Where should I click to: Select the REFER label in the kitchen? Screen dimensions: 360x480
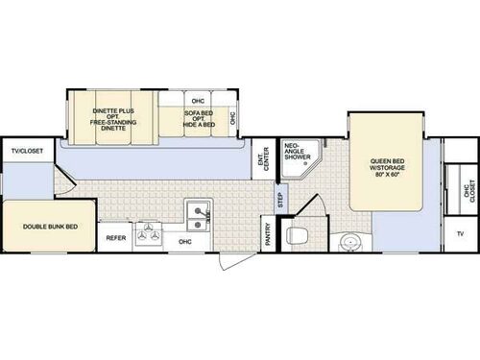pyautogui.click(x=116, y=237)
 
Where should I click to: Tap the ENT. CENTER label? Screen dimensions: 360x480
pyautogui.click(x=265, y=163)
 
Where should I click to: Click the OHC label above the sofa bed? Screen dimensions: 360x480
pyautogui.click(x=199, y=99)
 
